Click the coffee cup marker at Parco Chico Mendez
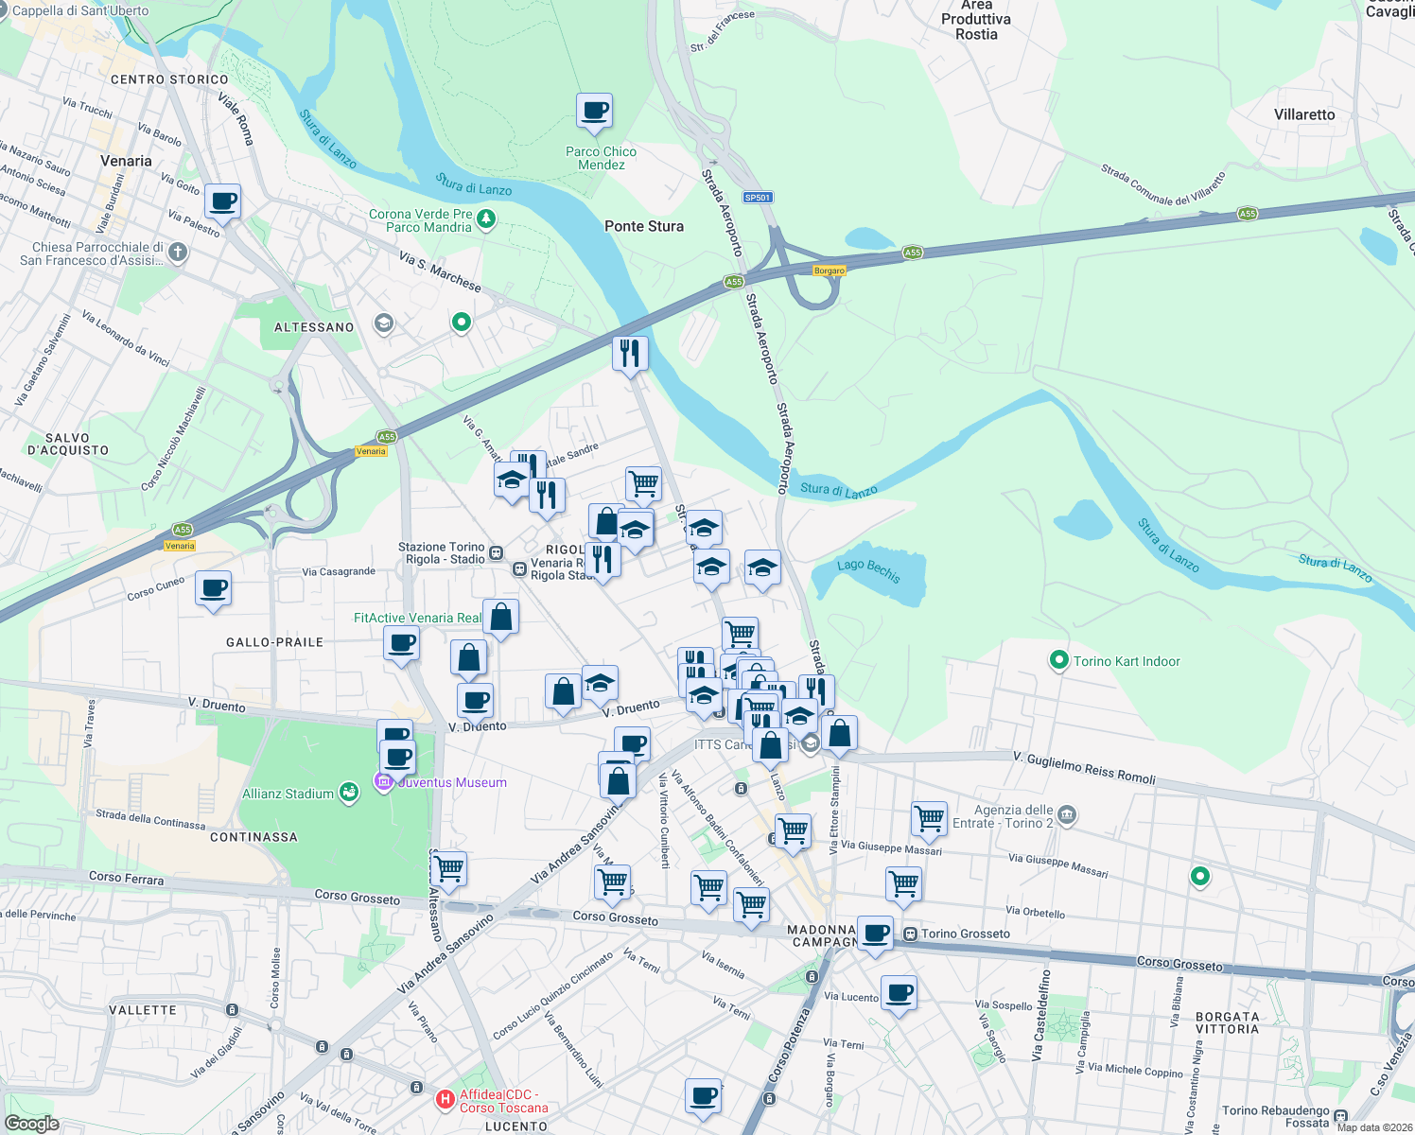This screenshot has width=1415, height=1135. [x=595, y=112]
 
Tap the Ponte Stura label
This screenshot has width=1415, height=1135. [x=643, y=226]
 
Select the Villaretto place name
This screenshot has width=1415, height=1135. [x=1304, y=114]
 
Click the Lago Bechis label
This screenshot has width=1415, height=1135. [x=868, y=570]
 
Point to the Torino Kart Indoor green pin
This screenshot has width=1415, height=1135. [x=1059, y=660]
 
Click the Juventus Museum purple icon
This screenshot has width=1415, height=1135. [x=384, y=782]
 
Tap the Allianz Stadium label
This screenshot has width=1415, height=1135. [x=288, y=794]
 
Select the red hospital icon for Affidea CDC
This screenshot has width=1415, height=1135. [x=445, y=1100]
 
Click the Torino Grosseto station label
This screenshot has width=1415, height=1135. [x=965, y=934]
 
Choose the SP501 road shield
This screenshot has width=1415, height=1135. [x=758, y=198]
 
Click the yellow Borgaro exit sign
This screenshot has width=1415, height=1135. [x=830, y=271]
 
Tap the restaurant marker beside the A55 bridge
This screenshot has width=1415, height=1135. [x=630, y=355]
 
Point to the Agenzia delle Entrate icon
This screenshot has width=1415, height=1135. [x=1067, y=814]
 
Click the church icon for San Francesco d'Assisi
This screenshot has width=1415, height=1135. [x=178, y=253]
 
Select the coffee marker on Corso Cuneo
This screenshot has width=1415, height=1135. [x=214, y=589]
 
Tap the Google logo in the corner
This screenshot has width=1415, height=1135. [x=31, y=1124]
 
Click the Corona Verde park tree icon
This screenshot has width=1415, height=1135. [x=486, y=219]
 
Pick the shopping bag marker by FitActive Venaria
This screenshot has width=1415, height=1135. [x=501, y=618]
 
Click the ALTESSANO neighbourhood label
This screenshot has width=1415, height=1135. [x=314, y=327]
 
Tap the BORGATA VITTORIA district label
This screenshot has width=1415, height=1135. [x=1227, y=1022]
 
